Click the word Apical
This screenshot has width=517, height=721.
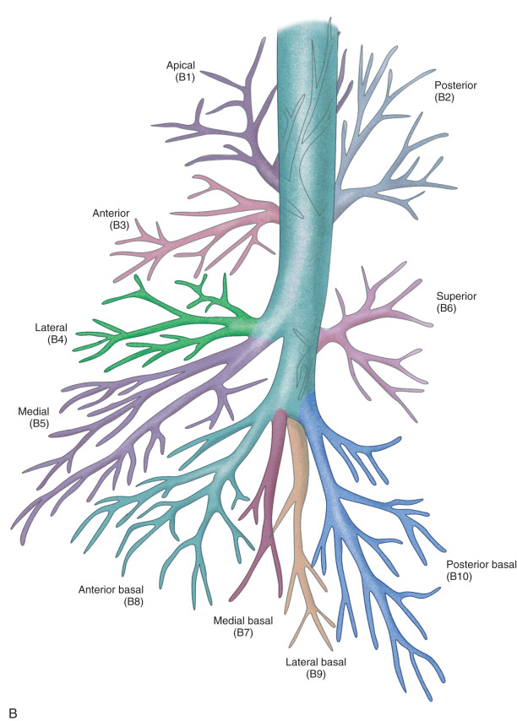pos(181,65)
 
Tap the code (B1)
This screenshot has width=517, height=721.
pos(182,77)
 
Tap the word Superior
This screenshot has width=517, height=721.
pos(456,296)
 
